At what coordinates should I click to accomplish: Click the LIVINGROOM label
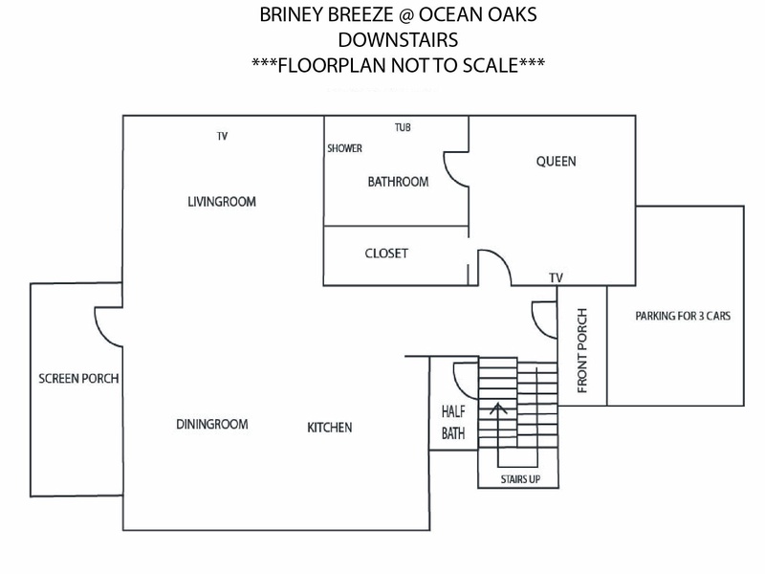pyautogui.click(x=222, y=202)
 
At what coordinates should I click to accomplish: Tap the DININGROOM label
pyautogui.click(x=211, y=424)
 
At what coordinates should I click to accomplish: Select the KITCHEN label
pyautogui.click(x=329, y=428)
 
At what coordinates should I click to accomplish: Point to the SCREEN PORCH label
pyautogui.click(x=78, y=378)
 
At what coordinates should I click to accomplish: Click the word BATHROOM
pyautogui.click(x=398, y=182)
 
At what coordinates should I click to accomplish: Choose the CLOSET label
pyautogui.click(x=386, y=254)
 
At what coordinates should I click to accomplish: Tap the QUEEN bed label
pyautogui.click(x=557, y=162)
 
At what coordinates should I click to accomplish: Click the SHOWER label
pyautogui.click(x=344, y=148)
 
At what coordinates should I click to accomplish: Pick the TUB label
pyautogui.click(x=403, y=127)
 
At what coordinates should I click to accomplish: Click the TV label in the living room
pyautogui.click(x=222, y=136)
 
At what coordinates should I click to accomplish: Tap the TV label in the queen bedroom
pyautogui.click(x=556, y=277)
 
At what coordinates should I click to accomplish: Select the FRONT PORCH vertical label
pyautogui.click(x=582, y=350)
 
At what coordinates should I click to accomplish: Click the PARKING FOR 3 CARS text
pyautogui.click(x=683, y=317)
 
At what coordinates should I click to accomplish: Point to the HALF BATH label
pyautogui.click(x=453, y=422)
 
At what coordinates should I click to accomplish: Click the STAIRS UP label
pyautogui.click(x=520, y=479)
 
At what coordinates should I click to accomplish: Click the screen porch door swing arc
pyautogui.click(x=101, y=333)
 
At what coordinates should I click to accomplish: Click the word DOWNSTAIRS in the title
pyautogui.click(x=398, y=40)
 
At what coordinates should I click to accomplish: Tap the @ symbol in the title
pyautogui.click(x=405, y=15)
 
